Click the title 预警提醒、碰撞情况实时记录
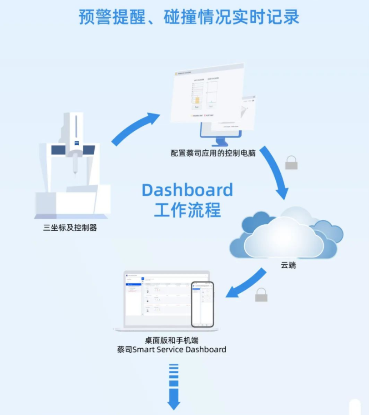[189, 17]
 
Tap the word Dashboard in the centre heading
[187, 190]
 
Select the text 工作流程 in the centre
[187, 210]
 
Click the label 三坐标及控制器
[70, 228]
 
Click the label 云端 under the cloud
[288, 265]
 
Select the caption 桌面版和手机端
[171, 340]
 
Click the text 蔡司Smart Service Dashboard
[171, 350]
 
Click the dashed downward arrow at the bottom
[174, 386]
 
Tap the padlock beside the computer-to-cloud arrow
[291, 163]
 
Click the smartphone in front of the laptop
[202, 304]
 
